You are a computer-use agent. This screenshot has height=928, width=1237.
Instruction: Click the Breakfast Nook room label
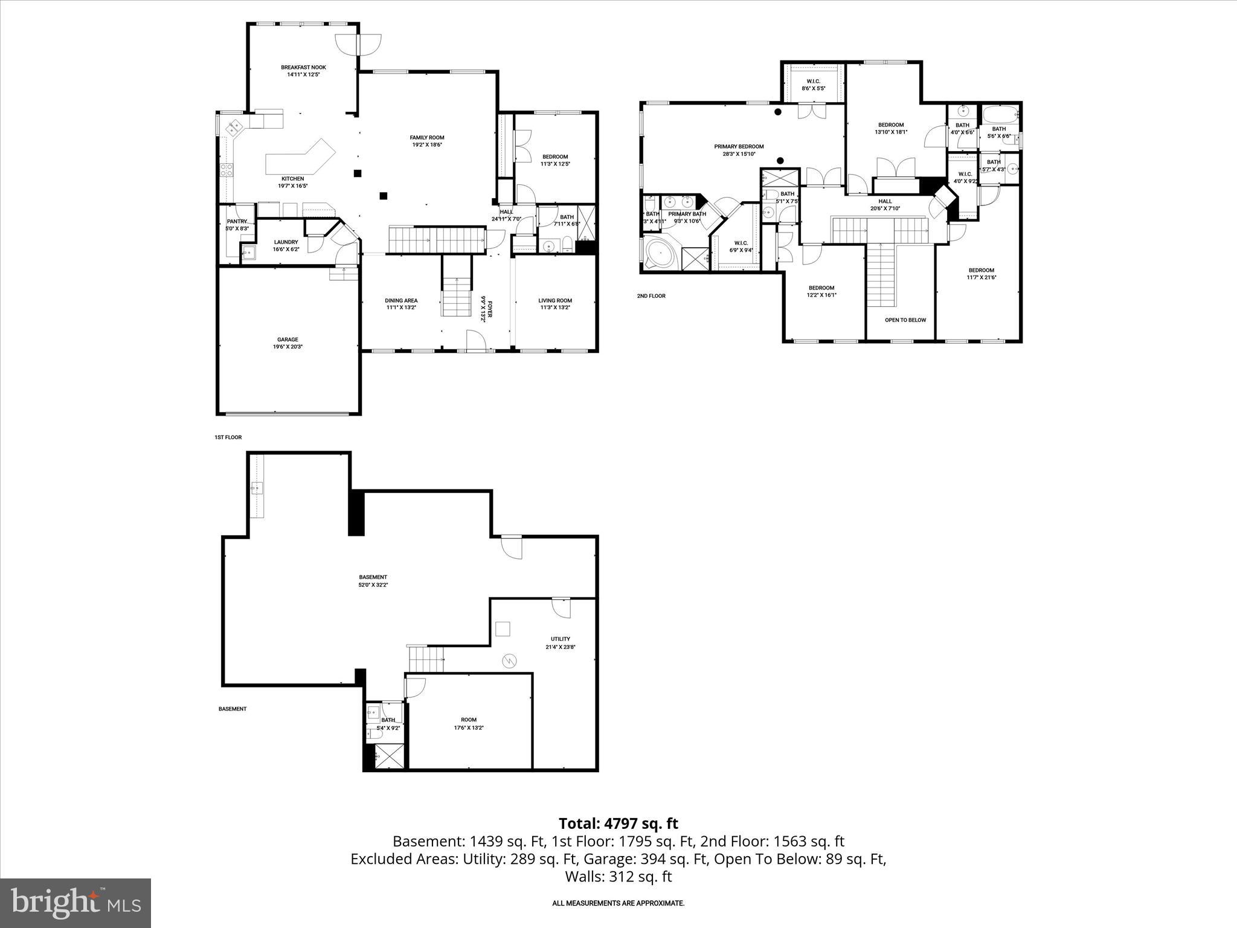303,68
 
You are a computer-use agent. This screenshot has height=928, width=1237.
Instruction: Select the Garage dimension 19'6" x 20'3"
288,347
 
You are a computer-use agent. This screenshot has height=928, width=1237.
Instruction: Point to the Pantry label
237,222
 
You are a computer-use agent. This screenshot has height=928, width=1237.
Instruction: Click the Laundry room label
286,242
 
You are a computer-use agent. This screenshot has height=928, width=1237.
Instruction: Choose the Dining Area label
401,301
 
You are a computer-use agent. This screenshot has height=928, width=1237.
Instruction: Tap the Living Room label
555,301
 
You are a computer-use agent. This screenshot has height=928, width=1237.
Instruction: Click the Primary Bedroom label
739,147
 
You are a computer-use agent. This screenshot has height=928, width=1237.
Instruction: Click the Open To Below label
905,320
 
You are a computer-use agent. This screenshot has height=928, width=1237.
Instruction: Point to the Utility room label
560,639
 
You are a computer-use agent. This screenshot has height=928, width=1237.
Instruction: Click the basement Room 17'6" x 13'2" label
468,720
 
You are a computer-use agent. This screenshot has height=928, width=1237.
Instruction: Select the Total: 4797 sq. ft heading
618,823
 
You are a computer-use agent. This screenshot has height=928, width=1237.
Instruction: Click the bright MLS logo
76,903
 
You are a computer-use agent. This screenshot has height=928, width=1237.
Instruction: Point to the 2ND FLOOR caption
651,296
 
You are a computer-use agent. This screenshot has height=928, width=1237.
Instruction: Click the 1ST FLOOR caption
228,437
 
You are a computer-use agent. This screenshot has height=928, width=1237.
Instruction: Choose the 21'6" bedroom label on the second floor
981,271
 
